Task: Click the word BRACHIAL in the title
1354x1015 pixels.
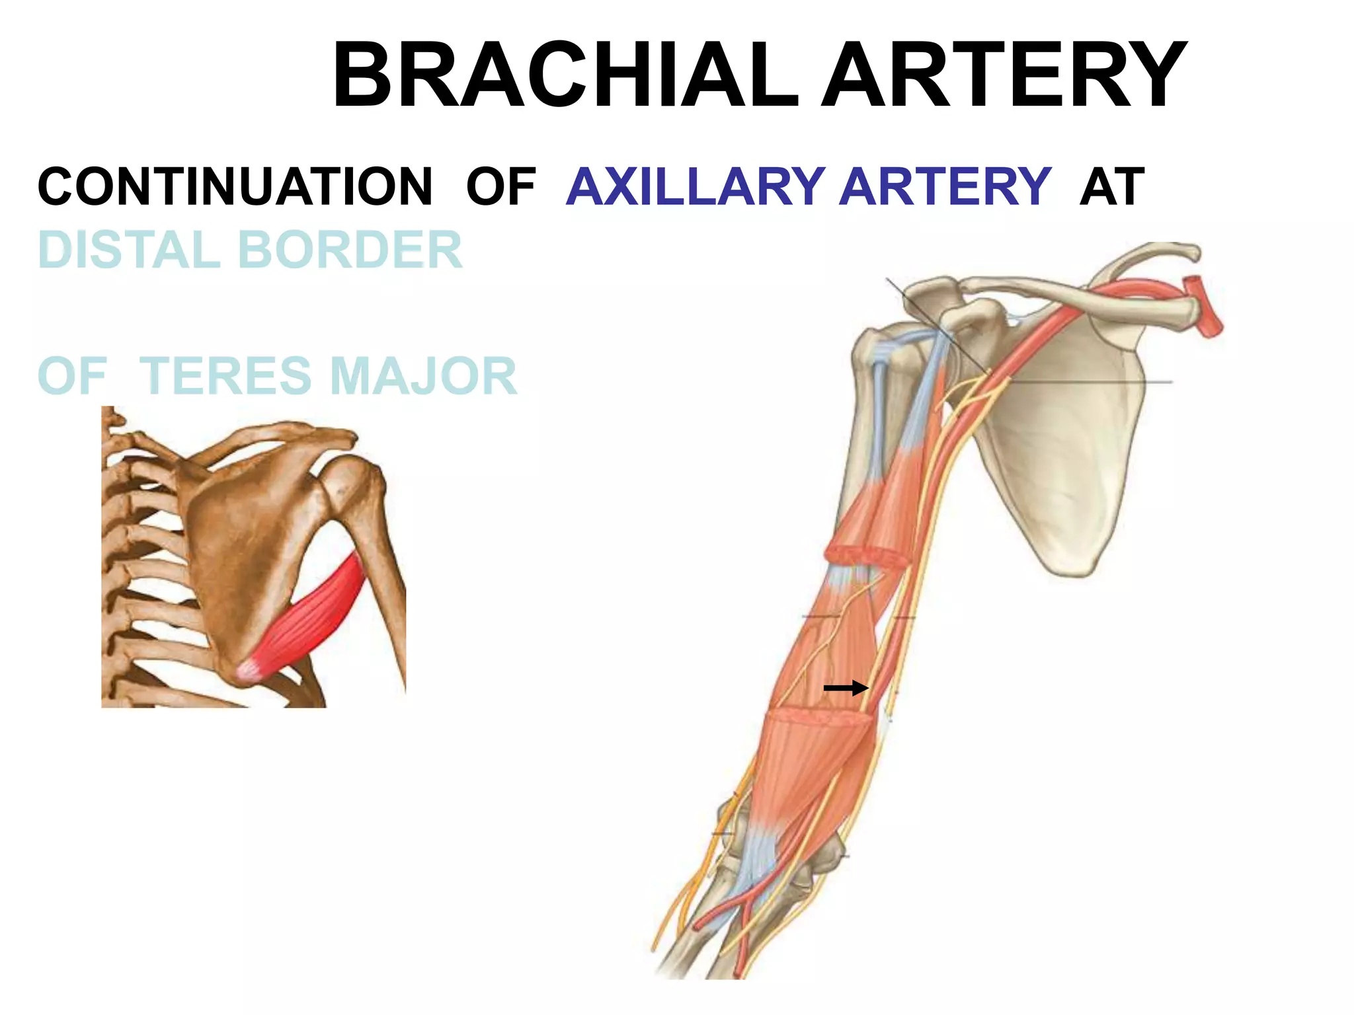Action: [x=565, y=74]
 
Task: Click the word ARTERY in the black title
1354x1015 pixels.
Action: [x=1004, y=74]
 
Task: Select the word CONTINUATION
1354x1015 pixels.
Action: [x=235, y=187]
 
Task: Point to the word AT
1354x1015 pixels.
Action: [x=1112, y=187]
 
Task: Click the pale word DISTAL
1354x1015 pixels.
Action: [x=130, y=250]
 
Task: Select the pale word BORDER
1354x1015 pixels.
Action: [x=350, y=250]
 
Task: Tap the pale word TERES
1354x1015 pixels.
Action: [x=225, y=375]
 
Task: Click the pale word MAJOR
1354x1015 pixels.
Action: [x=423, y=375]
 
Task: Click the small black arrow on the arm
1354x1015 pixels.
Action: [x=846, y=688]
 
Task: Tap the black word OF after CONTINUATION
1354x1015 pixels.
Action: [x=500, y=187]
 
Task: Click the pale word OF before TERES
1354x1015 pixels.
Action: [x=72, y=375]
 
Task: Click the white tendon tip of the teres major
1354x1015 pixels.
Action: [x=249, y=670]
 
